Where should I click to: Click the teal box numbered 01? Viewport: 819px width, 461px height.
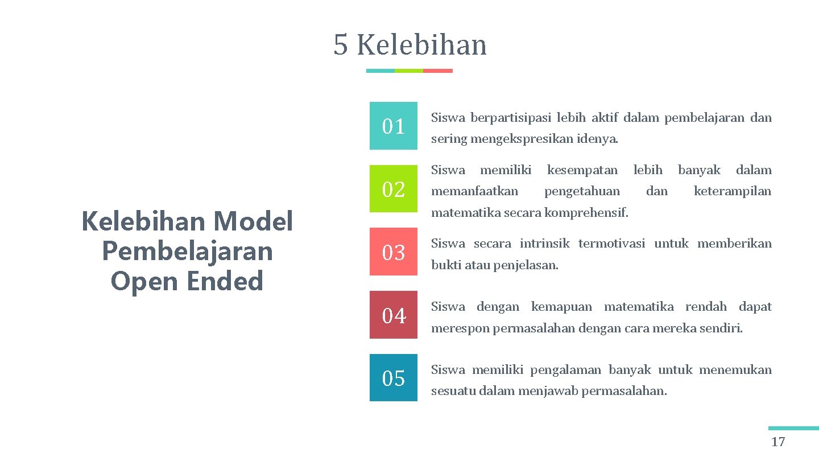[x=393, y=126]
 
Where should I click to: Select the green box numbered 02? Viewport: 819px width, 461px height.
[x=393, y=189]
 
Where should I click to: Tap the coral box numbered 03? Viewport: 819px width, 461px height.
[x=393, y=252]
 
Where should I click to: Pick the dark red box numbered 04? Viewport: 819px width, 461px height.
[x=393, y=315]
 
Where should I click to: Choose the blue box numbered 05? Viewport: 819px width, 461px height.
[x=393, y=378]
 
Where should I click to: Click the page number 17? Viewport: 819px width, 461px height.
[x=777, y=442]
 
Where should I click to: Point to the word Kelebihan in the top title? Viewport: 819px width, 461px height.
[x=421, y=46]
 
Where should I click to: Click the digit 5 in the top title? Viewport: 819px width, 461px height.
[x=340, y=46]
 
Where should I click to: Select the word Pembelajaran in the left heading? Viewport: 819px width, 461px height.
[x=187, y=251]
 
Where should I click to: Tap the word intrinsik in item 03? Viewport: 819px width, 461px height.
[x=544, y=244]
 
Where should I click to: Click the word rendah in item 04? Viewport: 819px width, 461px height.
[x=705, y=307]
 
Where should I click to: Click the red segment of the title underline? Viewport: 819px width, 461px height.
[x=438, y=71]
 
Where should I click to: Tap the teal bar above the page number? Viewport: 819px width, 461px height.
[x=793, y=428]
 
